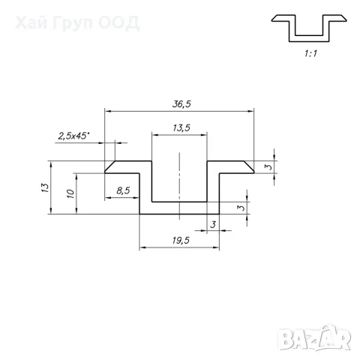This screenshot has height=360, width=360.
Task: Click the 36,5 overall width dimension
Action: (x=181, y=104)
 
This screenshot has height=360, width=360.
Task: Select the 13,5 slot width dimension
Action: (x=181, y=128)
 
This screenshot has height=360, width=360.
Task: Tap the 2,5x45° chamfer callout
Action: (x=73, y=136)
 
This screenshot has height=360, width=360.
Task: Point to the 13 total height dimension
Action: (x=45, y=187)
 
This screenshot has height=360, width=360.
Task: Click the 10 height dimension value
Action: (x=70, y=193)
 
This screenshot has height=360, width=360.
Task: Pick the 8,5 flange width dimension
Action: (x=123, y=190)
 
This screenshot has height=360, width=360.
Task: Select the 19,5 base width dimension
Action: (x=181, y=241)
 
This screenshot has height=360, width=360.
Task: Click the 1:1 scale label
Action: (x=310, y=53)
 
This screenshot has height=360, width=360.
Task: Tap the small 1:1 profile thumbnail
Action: (x=309, y=28)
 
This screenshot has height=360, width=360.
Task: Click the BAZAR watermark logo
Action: (x=314, y=338)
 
